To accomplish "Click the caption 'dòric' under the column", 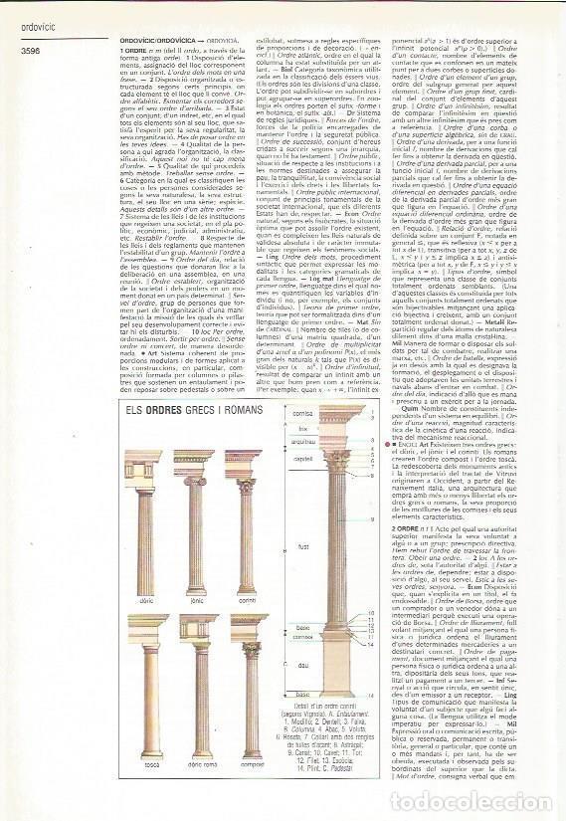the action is point(146,600).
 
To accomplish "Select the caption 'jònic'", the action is point(195,600).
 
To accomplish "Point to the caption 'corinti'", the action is point(246,600).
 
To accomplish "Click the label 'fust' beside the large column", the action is point(304,545).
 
